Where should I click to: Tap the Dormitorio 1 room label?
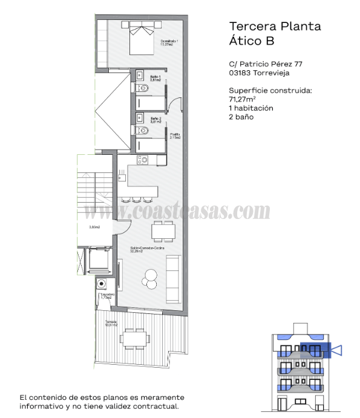click(169, 42)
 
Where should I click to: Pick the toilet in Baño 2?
click(143, 129)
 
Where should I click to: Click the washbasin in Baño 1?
click(139, 76)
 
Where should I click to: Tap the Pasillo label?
click(175, 136)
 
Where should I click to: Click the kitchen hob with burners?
click(143, 160)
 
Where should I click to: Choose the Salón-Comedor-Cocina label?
click(148, 249)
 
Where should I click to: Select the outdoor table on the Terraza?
click(133, 338)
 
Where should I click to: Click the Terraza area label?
click(111, 323)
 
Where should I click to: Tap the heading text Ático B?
click(252, 41)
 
